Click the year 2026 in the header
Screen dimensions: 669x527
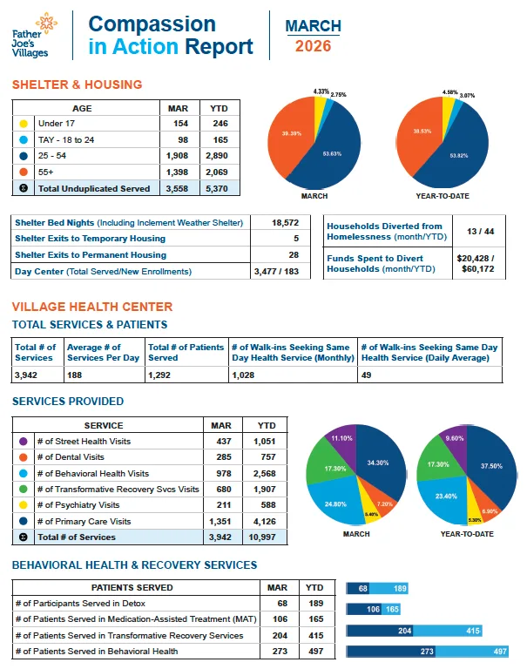[x=313, y=46]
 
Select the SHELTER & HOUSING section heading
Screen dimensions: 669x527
[x=77, y=84]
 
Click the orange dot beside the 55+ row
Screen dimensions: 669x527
[x=24, y=172]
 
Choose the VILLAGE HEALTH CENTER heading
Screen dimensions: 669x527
[x=91, y=307]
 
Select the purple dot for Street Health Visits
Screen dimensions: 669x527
[x=24, y=442]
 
